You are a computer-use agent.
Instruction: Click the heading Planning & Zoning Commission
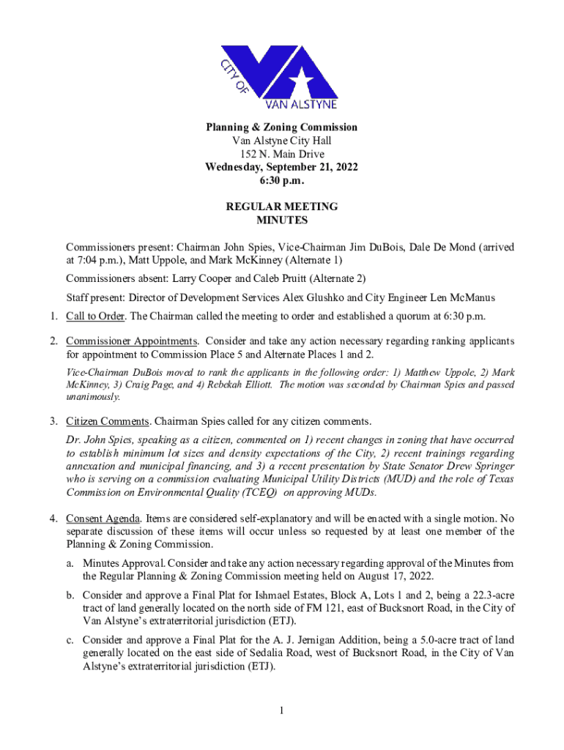tap(281, 127)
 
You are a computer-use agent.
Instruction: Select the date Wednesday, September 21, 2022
tap(281, 167)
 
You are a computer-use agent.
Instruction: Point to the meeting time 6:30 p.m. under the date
tap(281, 180)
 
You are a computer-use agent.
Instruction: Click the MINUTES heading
tap(282, 220)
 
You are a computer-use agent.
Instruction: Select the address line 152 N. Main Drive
tap(281, 154)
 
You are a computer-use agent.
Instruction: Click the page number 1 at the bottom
tap(282, 709)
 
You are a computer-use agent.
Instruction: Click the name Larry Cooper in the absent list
tap(203, 278)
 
